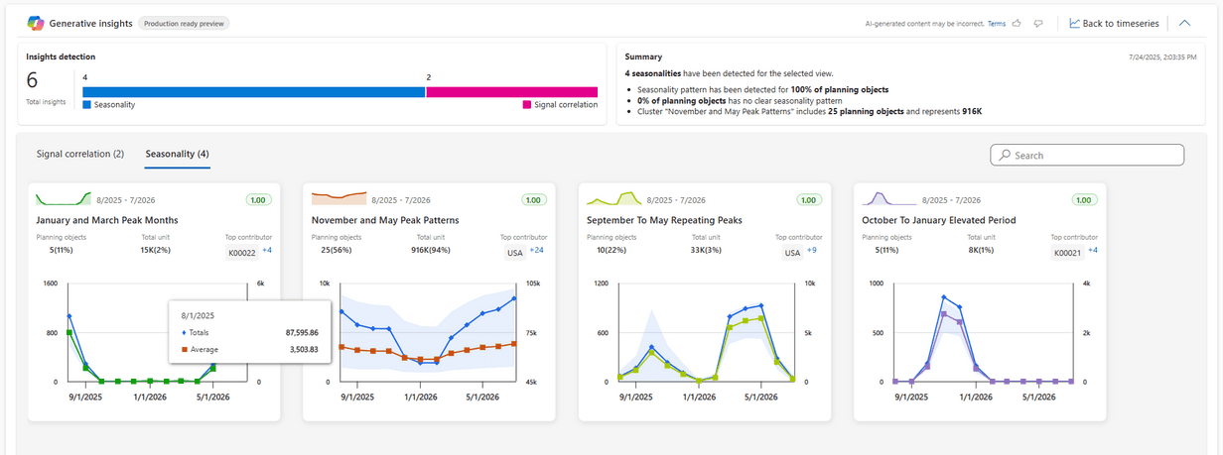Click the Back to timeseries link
pos(1114,24)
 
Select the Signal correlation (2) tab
pos(80,155)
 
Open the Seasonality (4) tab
pos(177,155)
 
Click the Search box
pos(1087,156)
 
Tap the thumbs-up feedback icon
pos(1017,24)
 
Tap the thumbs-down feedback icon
pos(1038,24)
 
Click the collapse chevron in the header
pos(1184,23)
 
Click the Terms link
pos(997,24)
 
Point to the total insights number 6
pos(32,80)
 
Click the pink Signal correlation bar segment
pos(511,92)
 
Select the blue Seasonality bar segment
pos(254,92)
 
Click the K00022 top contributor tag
pos(242,253)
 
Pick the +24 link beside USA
pos(536,250)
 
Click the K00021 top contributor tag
pos(1067,253)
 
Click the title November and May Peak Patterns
pos(385,220)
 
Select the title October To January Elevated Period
pos(938,220)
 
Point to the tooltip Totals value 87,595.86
pos(302,332)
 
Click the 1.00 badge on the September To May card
pos(808,200)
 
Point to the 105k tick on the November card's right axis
pos(533,284)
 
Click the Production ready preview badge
pos(184,24)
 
